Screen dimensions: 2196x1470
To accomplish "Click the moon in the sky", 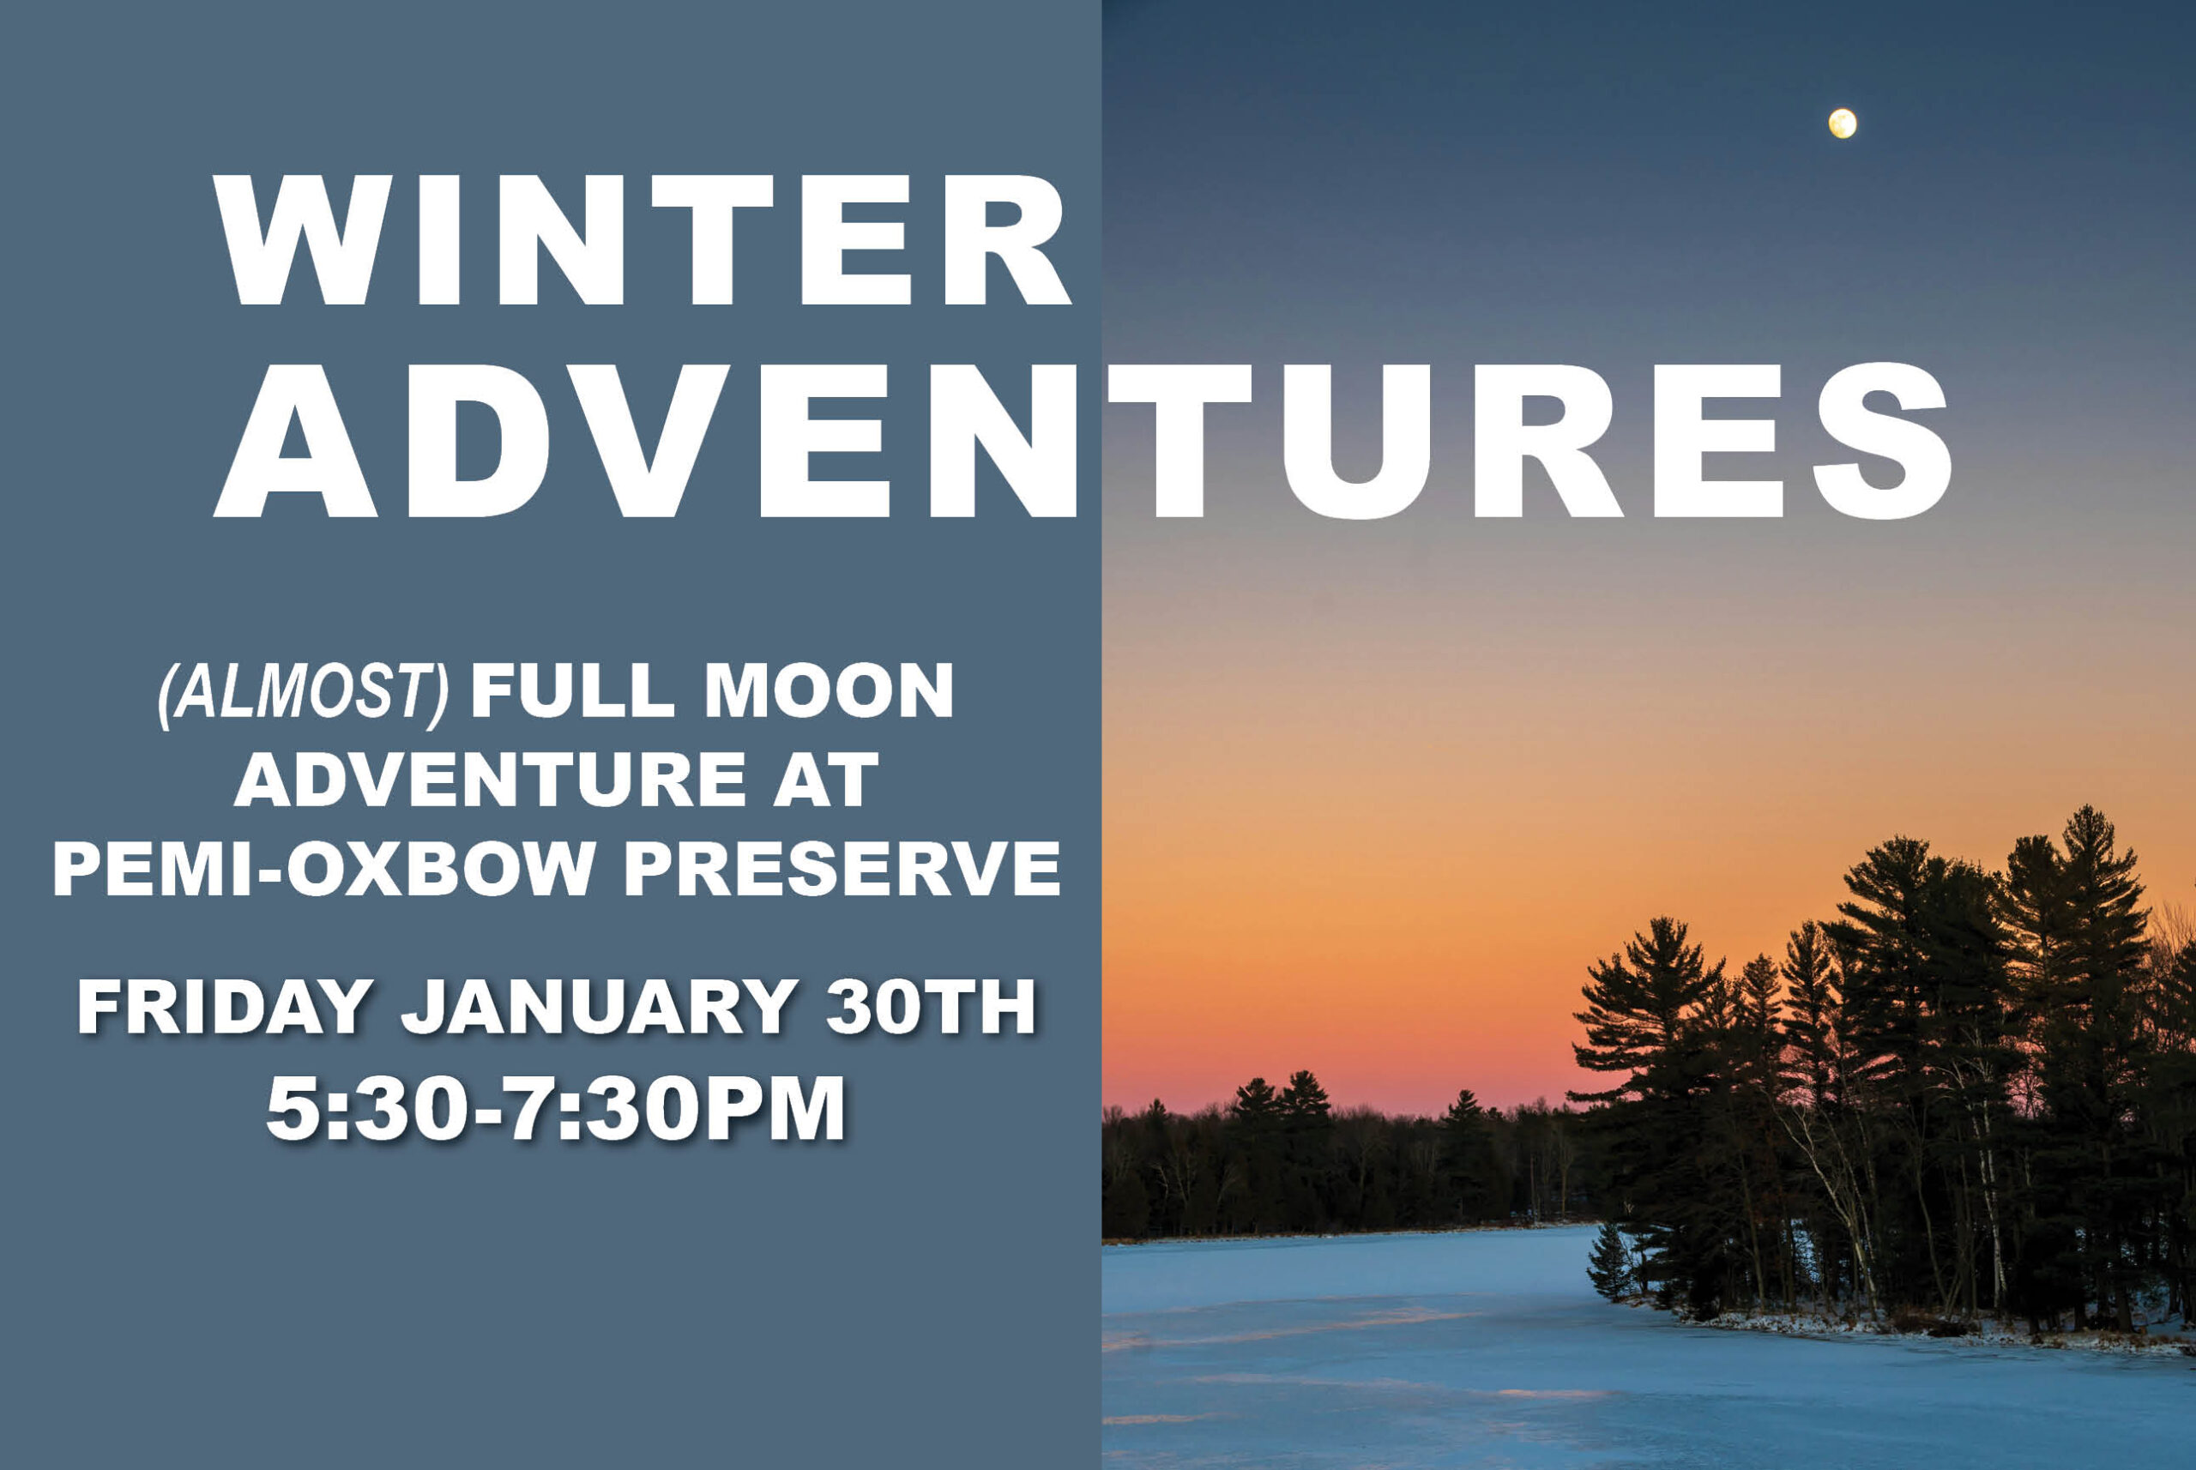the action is tap(1843, 124).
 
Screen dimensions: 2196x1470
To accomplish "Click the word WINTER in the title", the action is tap(643, 240).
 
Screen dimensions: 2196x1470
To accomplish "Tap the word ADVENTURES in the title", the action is tap(1084, 442).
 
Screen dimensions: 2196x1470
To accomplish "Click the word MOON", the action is tap(829, 691).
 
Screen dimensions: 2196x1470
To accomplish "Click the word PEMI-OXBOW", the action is tap(323, 868).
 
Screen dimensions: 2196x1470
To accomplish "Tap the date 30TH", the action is tap(930, 1007).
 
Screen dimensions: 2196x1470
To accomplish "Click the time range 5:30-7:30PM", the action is tap(556, 1109).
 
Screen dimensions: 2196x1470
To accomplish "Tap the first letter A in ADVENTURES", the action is tap(295, 442).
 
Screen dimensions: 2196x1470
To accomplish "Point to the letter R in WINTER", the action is tap(1005, 240).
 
